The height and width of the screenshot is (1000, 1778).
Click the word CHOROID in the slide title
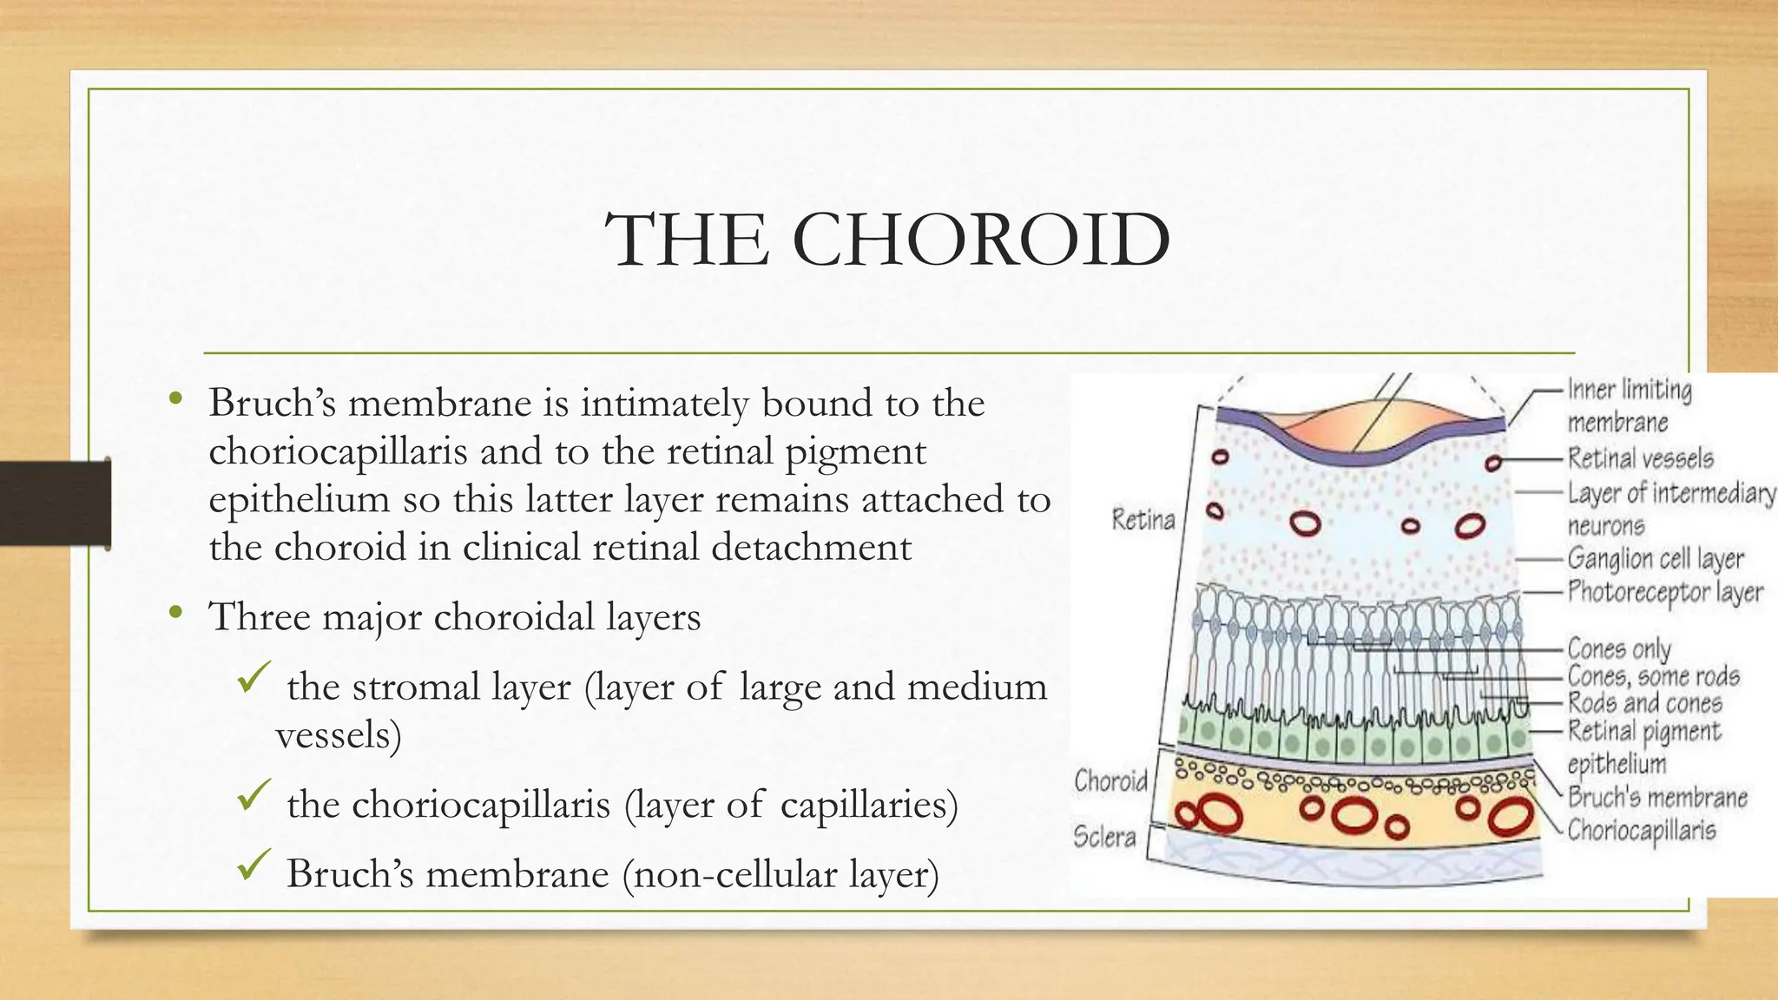(981, 240)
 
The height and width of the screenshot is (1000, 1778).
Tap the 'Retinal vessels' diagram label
(1640, 457)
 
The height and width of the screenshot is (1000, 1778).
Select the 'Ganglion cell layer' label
(1655, 559)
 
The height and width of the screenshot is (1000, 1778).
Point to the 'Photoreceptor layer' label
(1664, 593)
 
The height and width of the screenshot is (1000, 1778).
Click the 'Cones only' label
(1618, 648)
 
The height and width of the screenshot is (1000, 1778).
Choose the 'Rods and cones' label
(1644, 702)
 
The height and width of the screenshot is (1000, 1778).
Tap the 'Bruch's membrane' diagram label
(1656, 797)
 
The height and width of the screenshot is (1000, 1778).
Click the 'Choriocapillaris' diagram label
(1641, 831)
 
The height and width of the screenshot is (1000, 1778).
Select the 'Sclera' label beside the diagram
(1103, 837)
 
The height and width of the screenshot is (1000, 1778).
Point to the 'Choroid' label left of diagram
(1110, 780)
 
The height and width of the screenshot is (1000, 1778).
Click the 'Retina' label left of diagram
(1143, 520)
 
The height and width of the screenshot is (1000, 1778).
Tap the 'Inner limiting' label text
(1629, 390)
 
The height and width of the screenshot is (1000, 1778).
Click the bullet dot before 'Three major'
(176, 614)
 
